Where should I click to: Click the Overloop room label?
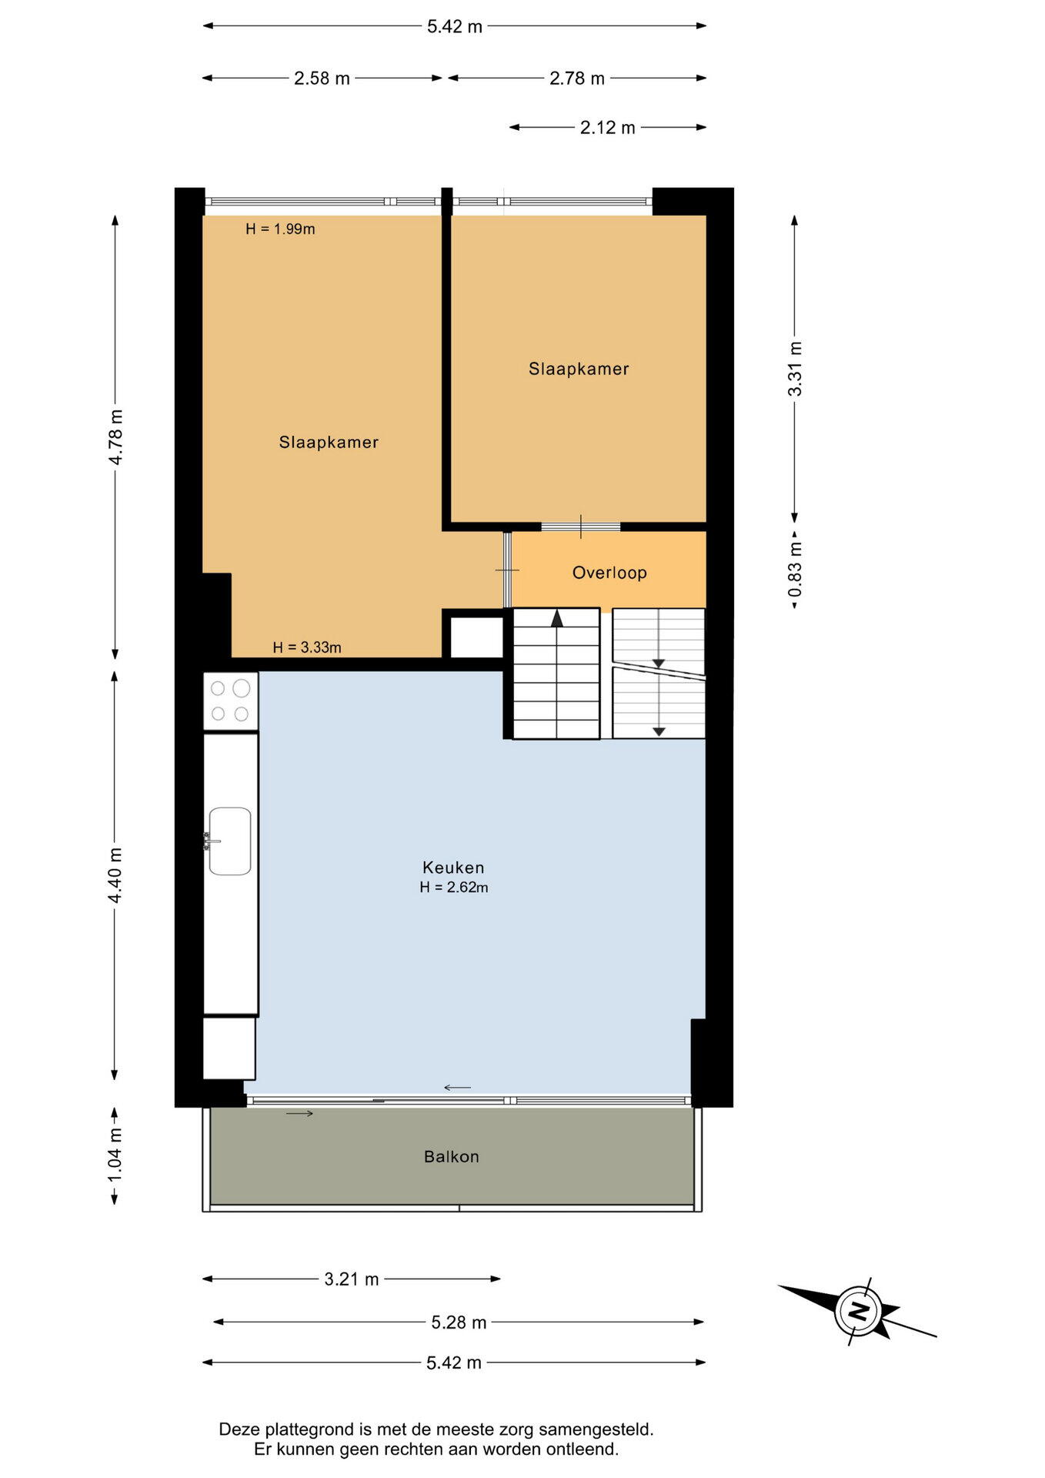coord(609,573)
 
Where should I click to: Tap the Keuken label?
coord(453,868)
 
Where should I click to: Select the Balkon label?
coord(452,1156)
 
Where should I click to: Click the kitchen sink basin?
coord(230,841)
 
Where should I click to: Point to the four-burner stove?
coord(230,701)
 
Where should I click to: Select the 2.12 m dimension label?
coord(608,128)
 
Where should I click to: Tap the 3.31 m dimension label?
coord(795,369)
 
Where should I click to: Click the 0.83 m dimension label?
coord(795,569)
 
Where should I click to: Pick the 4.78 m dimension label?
coord(115,436)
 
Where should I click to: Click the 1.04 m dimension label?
coord(115,1155)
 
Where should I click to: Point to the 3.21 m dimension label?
coord(352,1279)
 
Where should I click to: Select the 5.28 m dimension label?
coord(459,1323)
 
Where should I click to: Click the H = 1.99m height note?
coord(280,229)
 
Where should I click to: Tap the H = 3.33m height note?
coord(307,647)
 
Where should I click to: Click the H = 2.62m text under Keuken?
coord(453,888)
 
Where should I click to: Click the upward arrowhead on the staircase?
coord(557,617)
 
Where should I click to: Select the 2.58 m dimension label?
coord(322,79)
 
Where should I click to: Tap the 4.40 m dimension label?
coord(115,875)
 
